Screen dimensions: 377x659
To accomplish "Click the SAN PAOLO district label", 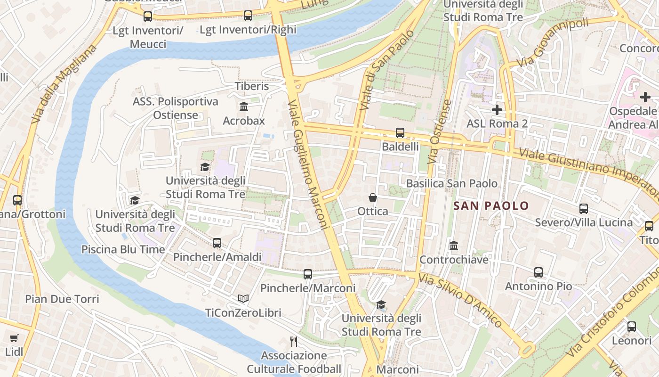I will pos(491,206).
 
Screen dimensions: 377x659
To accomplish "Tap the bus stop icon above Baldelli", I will pos(400,133).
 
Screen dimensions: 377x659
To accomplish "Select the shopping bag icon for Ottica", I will pos(373,197).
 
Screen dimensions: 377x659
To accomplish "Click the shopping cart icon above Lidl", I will pos(14,338).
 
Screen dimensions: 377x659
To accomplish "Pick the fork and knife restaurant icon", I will pos(294,341).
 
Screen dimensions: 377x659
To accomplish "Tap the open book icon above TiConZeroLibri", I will pos(243,299).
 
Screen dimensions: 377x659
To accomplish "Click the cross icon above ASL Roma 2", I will pos(497,110).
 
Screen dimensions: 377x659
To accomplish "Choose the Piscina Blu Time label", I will pos(123,249).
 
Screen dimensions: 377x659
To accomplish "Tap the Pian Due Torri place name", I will pos(62,299).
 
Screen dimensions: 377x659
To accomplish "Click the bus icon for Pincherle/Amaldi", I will pos(217,243).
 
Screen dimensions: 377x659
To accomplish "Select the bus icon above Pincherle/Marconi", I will pos(308,274).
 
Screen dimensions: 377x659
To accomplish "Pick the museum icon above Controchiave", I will pos(454,246).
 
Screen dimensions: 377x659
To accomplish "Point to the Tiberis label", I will pos(252,86).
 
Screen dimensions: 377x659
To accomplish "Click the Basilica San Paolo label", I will pos(451,183).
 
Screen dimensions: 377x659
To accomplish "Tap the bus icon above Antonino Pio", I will pos(538,272).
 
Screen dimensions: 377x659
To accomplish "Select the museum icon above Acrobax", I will pos(244,107).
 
